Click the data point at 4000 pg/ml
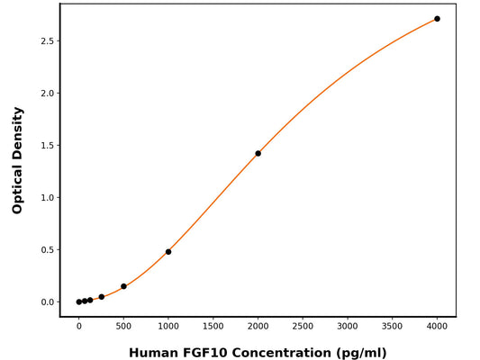pos(437,19)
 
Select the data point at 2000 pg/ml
pos(258,153)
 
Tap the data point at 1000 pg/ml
pos(168,252)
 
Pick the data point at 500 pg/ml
pos(123,286)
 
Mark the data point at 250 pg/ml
pos(101,297)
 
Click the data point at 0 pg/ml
pos(79,302)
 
